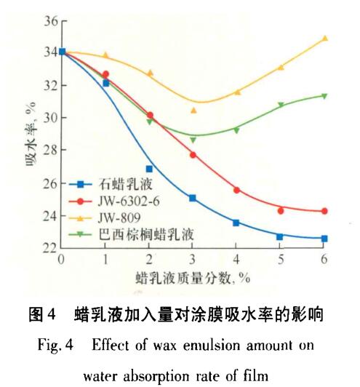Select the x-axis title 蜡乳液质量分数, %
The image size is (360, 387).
tap(193, 278)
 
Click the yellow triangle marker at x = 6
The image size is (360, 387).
tap(324, 38)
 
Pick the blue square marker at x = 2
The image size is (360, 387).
tap(149, 169)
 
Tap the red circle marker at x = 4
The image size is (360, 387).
tap(236, 190)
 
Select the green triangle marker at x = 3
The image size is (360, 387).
tap(193, 140)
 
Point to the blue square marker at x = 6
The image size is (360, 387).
tap(324, 239)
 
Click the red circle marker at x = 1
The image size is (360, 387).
tap(105, 74)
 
